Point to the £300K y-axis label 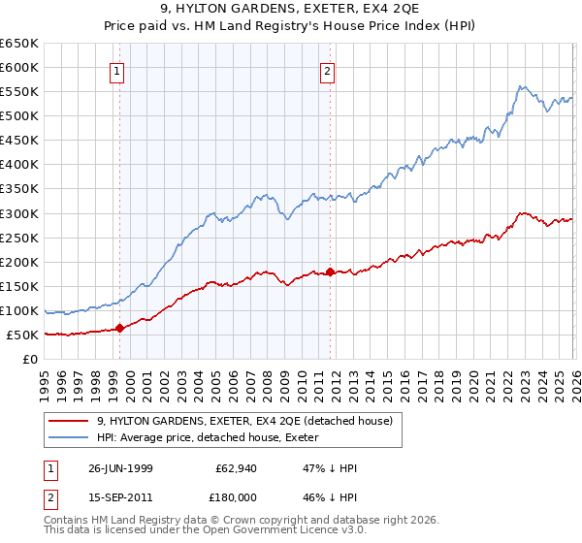[x=19, y=213]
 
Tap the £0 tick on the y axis [x=30, y=360]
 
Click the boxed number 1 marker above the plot [x=117, y=70]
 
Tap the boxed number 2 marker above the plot [x=328, y=70]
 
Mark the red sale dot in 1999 [x=120, y=328]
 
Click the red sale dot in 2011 [x=330, y=271]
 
